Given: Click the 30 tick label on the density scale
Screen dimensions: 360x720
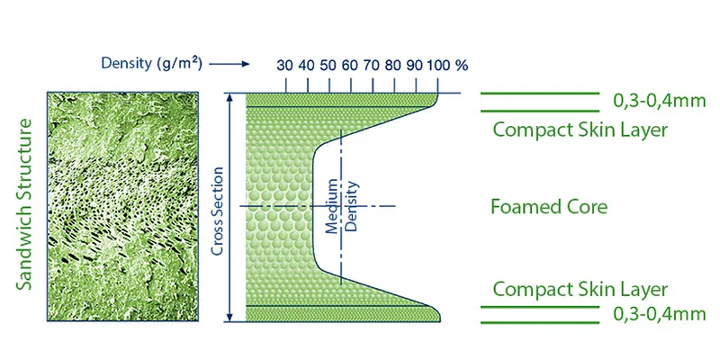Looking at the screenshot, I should click(x=284, y=66).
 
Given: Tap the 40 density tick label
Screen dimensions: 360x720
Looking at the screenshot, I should click(x=306, y=66).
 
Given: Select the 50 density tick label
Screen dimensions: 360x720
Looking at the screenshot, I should click(x=328, y=66).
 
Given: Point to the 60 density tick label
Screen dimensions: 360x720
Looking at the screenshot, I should click(x=349, y=66).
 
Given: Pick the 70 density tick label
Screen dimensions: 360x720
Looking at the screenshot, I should click(x=371, y=66).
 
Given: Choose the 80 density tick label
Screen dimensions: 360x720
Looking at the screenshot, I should click(x=392, y=66).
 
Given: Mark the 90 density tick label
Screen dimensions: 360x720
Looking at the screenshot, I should click(x=414, y=66).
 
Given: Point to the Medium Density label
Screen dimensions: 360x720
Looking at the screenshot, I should click(x=341, y=206).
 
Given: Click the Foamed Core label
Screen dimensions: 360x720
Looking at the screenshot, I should click(x=549, y=207).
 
